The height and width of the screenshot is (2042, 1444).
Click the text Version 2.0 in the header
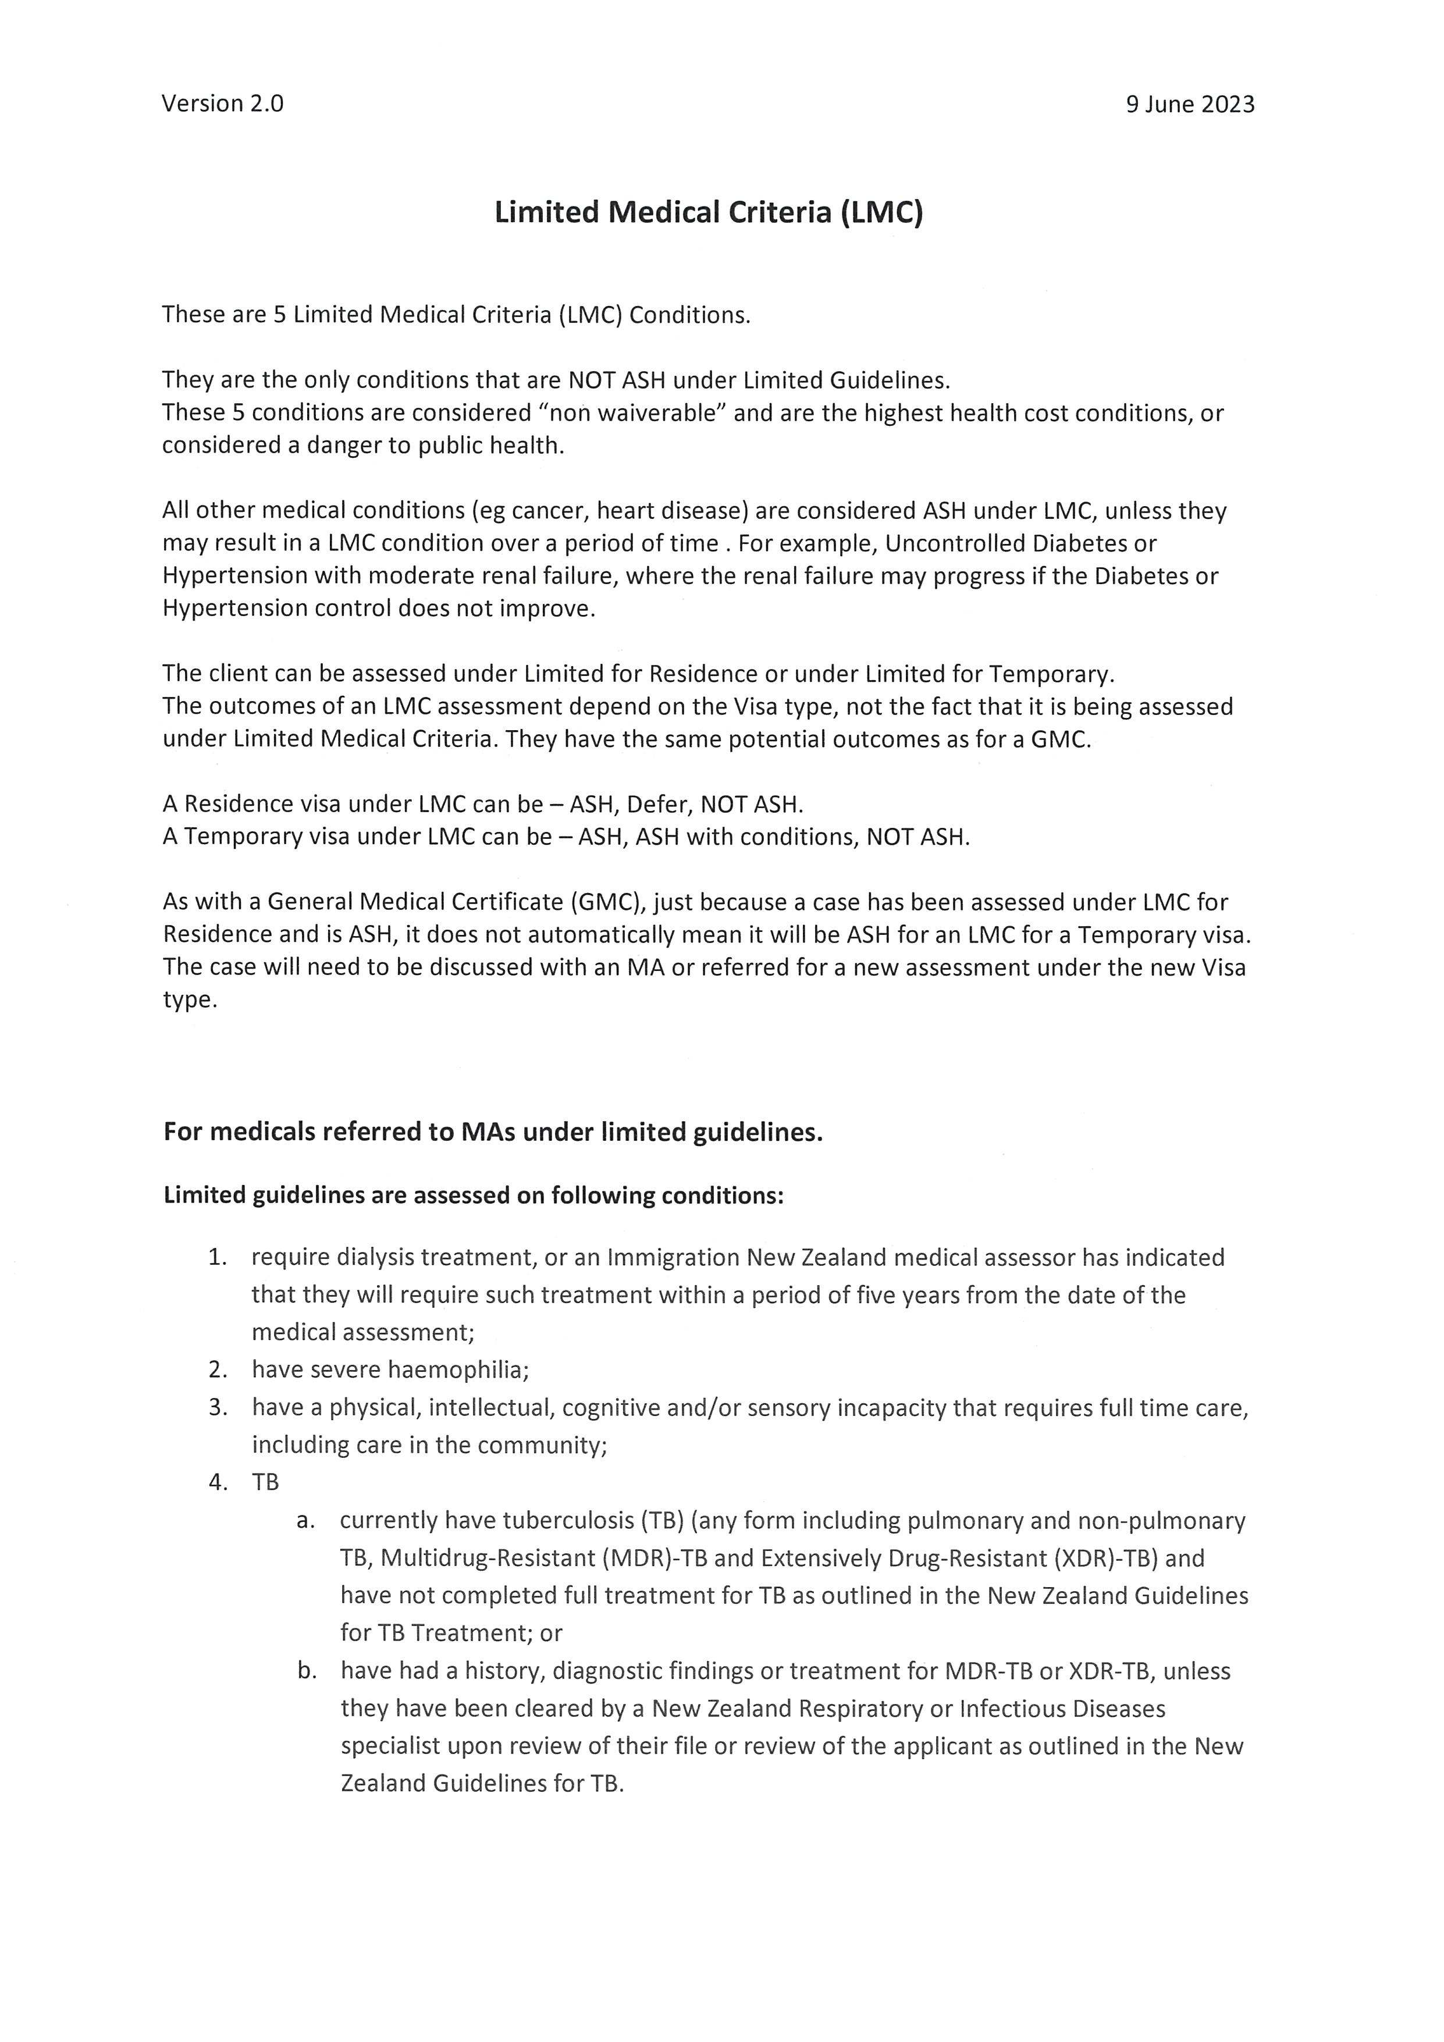[222, 104]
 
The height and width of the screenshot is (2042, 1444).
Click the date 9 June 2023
[1190, 104]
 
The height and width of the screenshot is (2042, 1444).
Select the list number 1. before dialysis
[218, 1258]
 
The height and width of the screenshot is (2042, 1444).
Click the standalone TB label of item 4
[265, 1482]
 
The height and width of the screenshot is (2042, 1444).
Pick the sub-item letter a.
[305, 1520]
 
